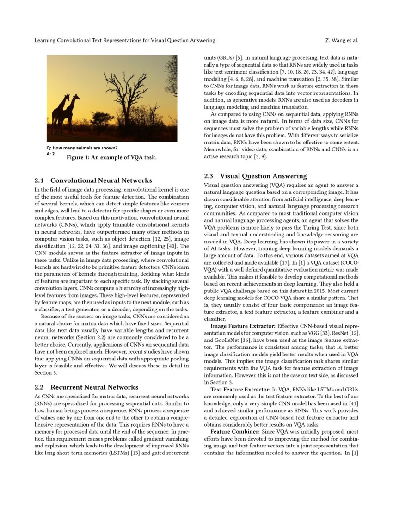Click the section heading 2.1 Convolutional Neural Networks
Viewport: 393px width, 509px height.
93,180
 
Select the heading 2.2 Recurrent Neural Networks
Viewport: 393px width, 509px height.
86,387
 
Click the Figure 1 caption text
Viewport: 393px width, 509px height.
112,158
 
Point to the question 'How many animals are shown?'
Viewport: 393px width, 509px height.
82,148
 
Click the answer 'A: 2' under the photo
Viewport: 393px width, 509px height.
51,154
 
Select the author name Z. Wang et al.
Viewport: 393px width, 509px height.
342,40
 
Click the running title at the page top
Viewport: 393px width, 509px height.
125,40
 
